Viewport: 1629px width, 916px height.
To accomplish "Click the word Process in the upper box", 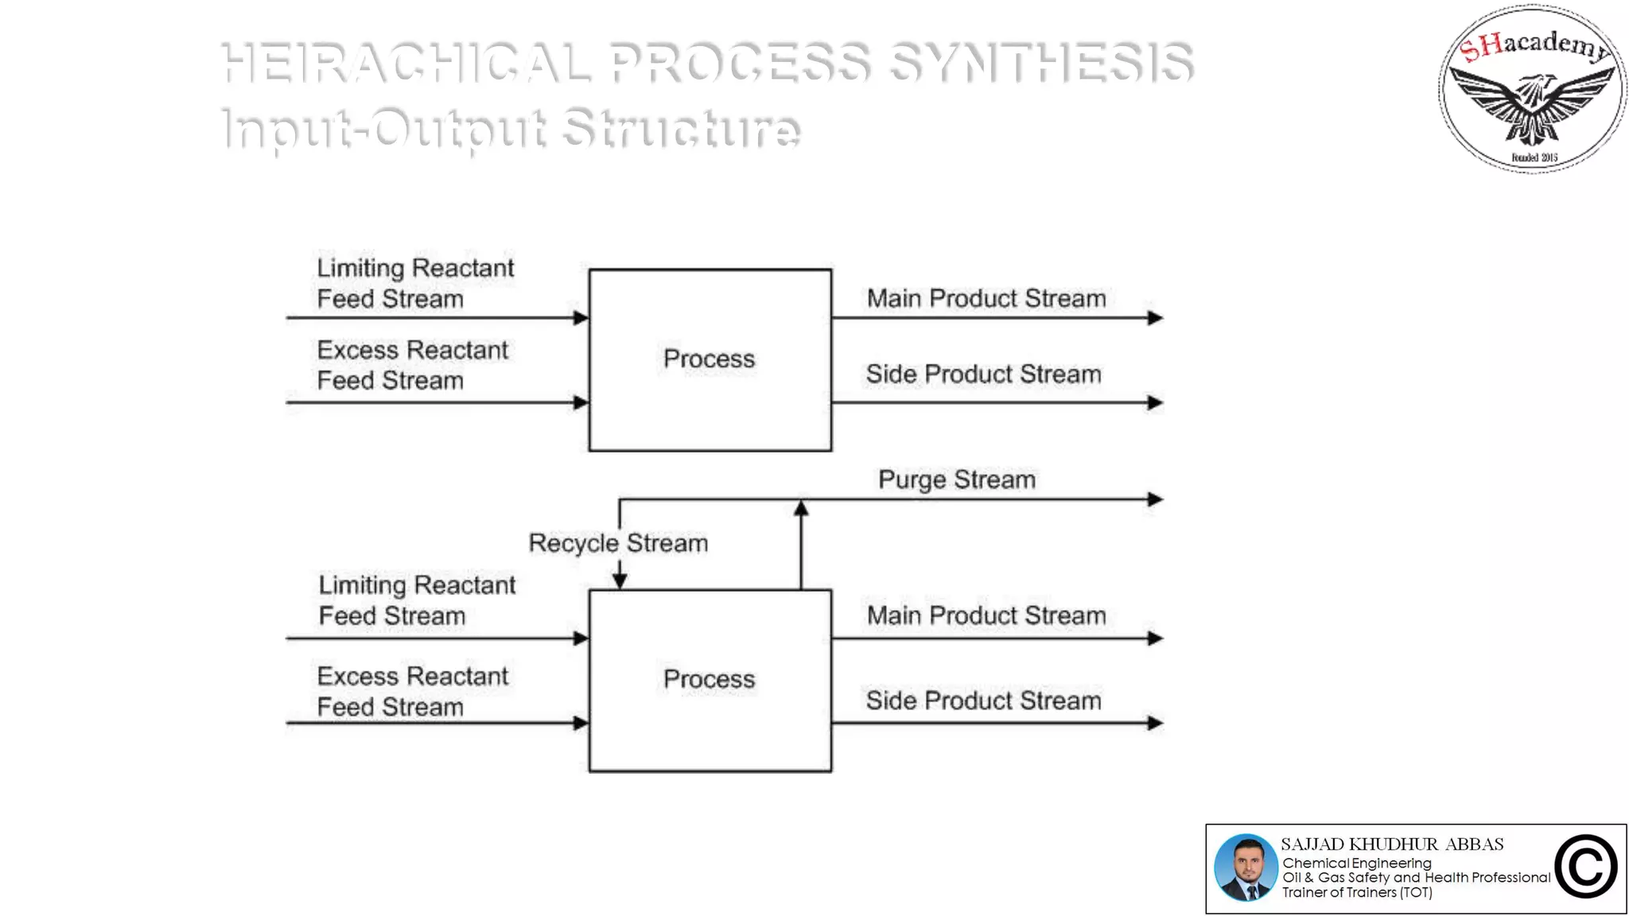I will [x=709, y=359].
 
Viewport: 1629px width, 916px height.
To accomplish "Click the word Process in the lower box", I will [x=709, y=679].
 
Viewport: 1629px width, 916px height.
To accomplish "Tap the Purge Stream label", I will [x=957, y=479].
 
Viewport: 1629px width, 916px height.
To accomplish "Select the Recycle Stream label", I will [x=618, y=543].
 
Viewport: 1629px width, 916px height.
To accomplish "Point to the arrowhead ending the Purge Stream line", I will [x=1155, y=499].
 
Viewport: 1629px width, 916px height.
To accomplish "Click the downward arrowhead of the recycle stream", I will [x=620, y=580].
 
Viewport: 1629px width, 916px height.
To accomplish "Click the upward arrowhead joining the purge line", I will [x=801, y=509].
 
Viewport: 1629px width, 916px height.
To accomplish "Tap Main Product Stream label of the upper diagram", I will [x=986, y=298].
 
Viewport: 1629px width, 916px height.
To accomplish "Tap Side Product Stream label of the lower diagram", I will [x=983, y=701].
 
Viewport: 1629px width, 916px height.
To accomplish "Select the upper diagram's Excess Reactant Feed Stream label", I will [x=412, y=365].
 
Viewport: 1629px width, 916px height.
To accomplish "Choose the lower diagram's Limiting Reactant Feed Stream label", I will [x=417, y=600].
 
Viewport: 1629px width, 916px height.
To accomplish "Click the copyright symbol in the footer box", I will [x=1585, y=867].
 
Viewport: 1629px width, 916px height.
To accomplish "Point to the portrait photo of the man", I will [x=1246, y=867].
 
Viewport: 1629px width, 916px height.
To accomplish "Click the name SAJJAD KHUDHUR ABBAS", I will [x=1392, y=844].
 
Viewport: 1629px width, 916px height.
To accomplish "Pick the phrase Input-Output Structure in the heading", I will [x=511, y=127].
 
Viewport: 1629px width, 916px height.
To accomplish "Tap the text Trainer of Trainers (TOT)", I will [x=1357, y=892].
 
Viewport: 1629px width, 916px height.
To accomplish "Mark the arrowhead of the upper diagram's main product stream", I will [x=1155, y=318].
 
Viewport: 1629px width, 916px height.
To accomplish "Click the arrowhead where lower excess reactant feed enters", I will [x=581, y=723].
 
